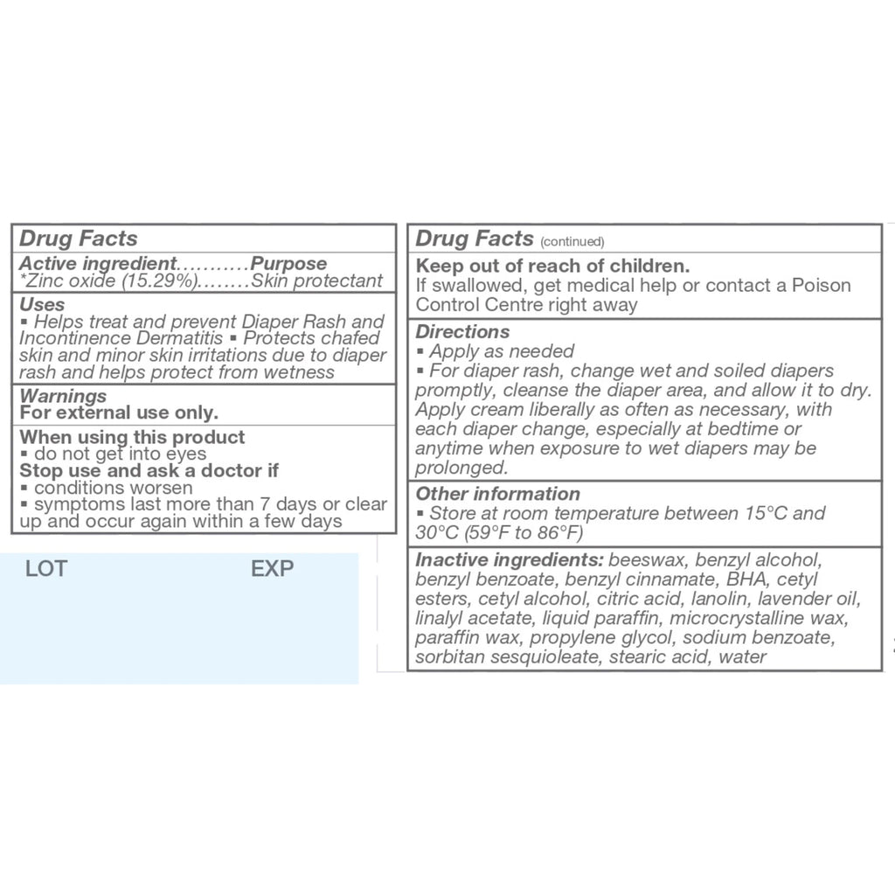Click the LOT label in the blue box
tap(46, 570)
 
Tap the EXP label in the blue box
tap(272, 570)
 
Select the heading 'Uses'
tap(42, 304)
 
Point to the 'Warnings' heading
tap(63, 396)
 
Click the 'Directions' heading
tap(462, 331)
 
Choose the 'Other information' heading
tap(497, 494)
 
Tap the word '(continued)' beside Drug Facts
tap(572, 242)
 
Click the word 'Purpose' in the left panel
tap(288, 263)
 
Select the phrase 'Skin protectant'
tap(316, 281)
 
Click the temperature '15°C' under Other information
tap(767, 513)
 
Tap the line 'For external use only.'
tap(119, 413)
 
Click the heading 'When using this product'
tap(132, 437)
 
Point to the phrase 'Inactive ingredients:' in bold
tap(510, 559)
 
